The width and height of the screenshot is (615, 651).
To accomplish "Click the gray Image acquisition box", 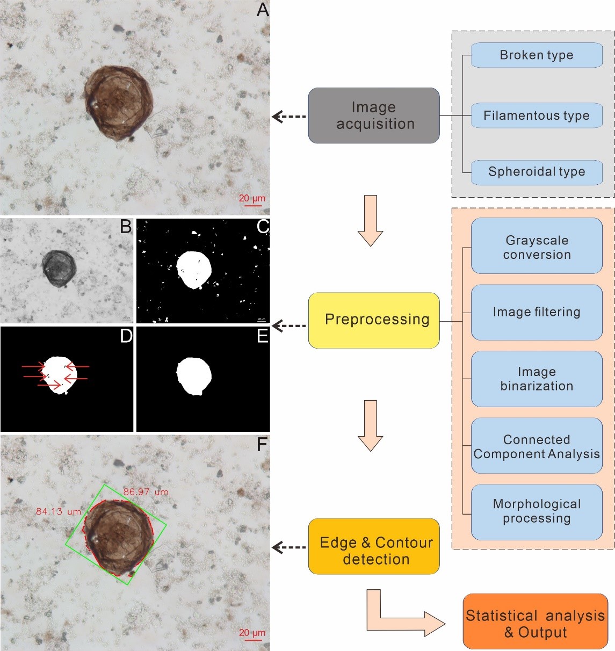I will (374, 115).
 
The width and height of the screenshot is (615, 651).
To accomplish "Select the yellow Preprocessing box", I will (374, 320).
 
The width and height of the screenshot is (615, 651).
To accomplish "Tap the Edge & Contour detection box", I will (374, 546).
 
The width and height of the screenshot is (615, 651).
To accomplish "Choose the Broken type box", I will (537, 55).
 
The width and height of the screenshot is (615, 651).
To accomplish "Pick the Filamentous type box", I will (537, 115).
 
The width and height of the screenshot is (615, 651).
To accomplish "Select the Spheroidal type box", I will (537, 172).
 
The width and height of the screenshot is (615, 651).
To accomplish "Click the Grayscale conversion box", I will (537, 247).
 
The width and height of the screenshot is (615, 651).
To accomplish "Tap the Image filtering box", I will (537, 312).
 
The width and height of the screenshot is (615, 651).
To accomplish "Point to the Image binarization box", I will (537, 379).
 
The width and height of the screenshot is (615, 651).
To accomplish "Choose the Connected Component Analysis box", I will (537, 446).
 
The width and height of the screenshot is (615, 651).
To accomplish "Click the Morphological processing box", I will (537, 511).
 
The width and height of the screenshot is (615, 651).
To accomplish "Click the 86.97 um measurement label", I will (146, 491).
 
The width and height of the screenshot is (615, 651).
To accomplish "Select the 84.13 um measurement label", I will (58, 511).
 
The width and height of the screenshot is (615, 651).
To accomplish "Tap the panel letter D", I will (126, 336).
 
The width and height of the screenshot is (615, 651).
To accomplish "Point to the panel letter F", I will (262, 445).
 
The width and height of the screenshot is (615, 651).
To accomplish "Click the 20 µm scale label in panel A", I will (252, 198).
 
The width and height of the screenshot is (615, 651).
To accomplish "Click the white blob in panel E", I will (194, 376).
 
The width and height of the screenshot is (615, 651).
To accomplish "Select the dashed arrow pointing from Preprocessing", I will (289, 325).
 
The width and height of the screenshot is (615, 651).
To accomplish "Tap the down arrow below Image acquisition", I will (371, 220).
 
